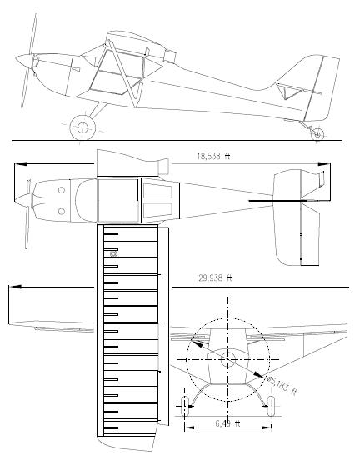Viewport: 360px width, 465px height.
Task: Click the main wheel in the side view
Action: [82, 127]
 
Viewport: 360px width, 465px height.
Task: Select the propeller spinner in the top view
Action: [27, 201]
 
